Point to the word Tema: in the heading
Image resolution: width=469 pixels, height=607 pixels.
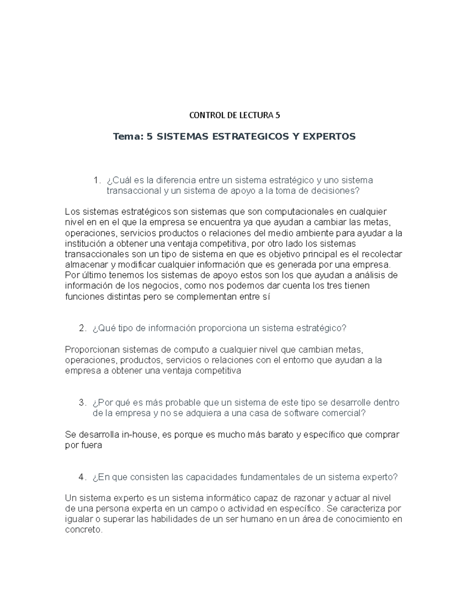pos(127,136)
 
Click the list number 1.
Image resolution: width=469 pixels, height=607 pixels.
pos(96,181)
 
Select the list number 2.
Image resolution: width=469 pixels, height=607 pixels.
pos(82,328)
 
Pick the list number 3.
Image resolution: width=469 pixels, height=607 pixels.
pos(82,403)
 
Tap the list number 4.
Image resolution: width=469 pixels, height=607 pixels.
pos(82,477)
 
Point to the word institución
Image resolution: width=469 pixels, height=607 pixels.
pos(84,244)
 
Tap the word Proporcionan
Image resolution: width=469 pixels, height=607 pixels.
pos(92,349)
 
